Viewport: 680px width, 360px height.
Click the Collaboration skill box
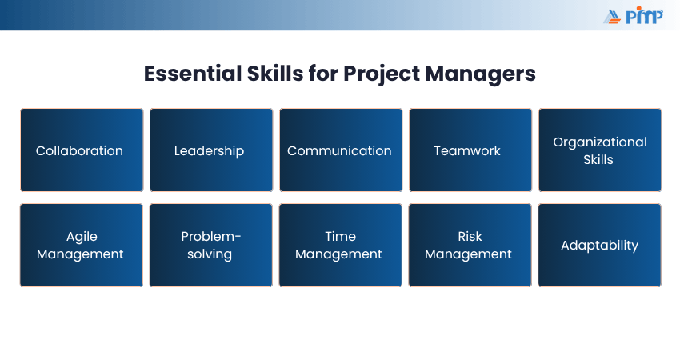point(82,150)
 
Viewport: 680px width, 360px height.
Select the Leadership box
point(211,150)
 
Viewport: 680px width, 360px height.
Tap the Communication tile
point(341,150)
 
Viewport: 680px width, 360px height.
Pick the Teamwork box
point(470,150)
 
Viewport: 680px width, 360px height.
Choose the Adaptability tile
point(600,245)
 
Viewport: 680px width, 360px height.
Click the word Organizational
point(600,142)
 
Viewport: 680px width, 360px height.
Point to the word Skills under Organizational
point(598,160)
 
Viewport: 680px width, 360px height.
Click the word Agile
point(82,237)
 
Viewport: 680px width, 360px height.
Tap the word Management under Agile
point(80,254)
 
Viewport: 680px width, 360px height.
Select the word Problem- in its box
point(210,236)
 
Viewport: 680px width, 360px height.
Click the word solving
point(210,254)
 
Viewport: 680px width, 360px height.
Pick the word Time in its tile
point(341,236)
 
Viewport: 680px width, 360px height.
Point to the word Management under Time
point(338,254)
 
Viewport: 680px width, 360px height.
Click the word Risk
point(470,236)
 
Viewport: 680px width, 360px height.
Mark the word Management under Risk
point(468,254)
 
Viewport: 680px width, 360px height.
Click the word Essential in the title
point(193,74)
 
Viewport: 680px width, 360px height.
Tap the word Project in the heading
point(381,74)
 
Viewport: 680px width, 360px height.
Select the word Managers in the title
point(481,74)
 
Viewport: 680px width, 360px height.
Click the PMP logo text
point(645,16)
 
